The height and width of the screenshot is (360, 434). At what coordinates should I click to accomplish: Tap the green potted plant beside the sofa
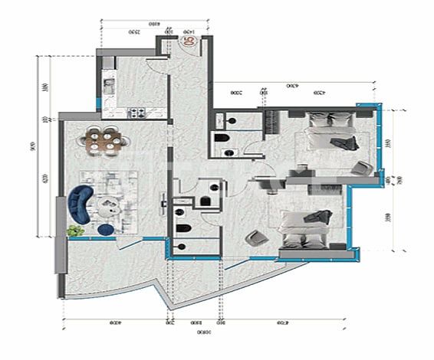[x=75, y=230]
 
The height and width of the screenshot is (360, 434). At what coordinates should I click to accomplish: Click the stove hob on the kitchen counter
[x=140, y=113]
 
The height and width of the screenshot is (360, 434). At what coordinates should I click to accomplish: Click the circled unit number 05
[x=190, y=42]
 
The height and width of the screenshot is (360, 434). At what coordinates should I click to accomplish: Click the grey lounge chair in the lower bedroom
[x=256, y=239]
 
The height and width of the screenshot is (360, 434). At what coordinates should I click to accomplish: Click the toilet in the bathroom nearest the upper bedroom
[x=221, y=139]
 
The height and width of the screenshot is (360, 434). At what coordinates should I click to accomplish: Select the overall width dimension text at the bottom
[x=202, y=333]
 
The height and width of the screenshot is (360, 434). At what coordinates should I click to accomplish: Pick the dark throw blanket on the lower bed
[x=313, y=217]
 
